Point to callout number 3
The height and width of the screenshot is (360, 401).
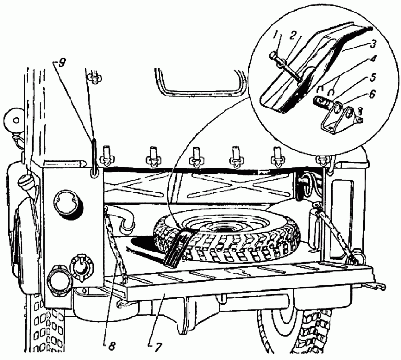372,44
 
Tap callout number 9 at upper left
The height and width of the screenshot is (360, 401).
59,63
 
